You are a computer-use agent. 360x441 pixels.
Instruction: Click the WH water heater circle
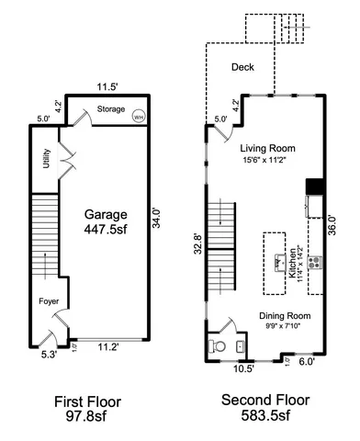(x=139, y=117)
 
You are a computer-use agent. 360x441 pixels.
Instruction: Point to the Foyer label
(x=49, y=301)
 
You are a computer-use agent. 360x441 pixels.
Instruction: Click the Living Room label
(x=265, y=148)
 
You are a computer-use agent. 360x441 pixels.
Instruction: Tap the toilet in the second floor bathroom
(x=217, y=346)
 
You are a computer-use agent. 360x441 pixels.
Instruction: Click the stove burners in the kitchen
(x=316, y=262)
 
